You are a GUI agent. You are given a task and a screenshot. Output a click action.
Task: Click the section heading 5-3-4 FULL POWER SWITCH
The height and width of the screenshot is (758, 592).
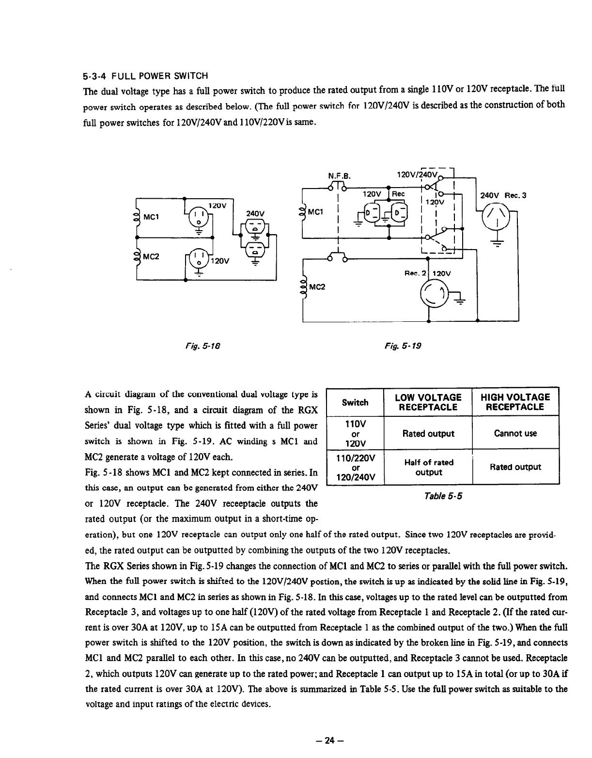(x=146, y=77)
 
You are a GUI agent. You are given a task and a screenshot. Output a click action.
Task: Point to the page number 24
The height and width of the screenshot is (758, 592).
(x=330, y=741)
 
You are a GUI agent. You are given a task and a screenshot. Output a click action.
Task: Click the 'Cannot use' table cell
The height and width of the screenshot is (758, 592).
(x=515, y=433)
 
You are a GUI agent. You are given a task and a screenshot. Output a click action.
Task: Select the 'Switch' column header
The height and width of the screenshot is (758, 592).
(x=355, y=402)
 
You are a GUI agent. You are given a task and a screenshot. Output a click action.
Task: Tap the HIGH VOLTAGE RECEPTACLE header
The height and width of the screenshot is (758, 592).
(x=515, y=402)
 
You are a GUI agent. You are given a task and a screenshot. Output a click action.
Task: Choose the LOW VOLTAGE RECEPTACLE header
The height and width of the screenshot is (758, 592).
(x=428, y=402)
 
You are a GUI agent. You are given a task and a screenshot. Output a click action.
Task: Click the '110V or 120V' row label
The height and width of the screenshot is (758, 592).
(x=355, y=433)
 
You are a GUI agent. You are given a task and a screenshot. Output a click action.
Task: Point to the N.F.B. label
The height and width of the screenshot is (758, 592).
(x=339, y=175)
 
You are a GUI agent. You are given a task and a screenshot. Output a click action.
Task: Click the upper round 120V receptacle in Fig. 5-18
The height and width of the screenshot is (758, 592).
(x=199, y=219)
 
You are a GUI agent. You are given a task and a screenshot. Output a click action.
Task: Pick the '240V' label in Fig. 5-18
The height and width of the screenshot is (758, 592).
(x=255, y=213)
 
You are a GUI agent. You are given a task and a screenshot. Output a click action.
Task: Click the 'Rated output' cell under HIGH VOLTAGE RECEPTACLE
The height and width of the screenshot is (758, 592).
(x=515, y=467)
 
